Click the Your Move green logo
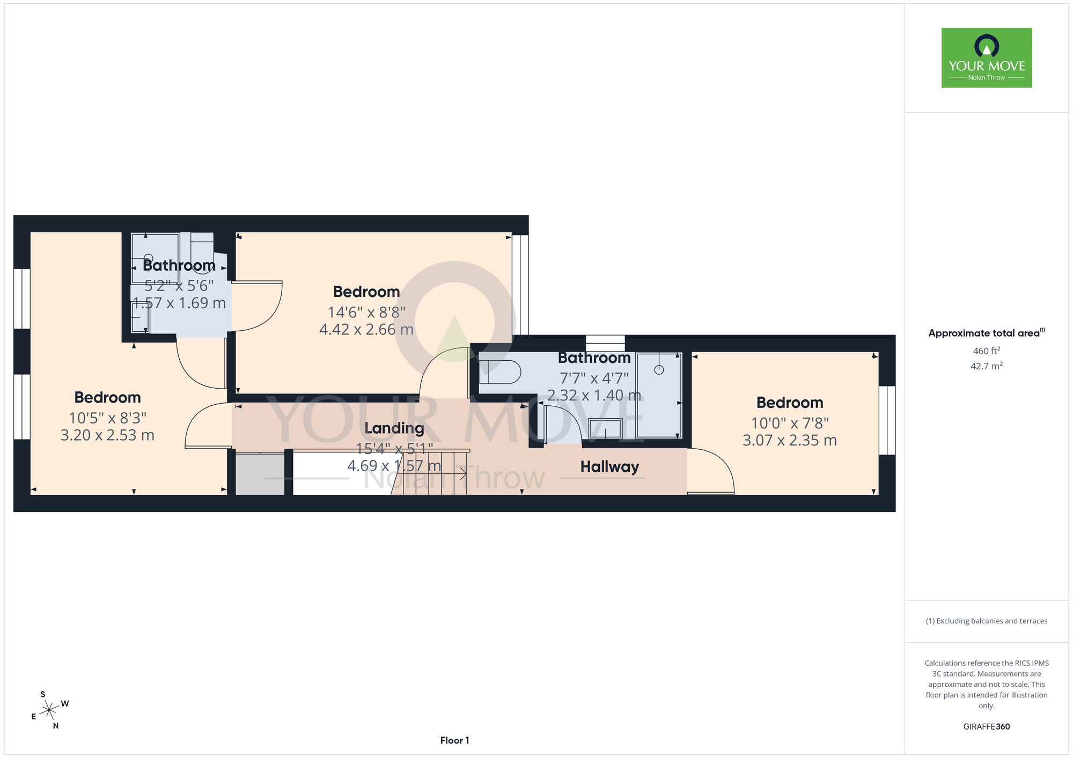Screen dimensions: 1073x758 coord(987,58)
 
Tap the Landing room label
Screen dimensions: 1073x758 coord(394,428)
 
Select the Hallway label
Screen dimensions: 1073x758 coord(609,467)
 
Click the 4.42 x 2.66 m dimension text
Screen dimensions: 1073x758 coord(366,330)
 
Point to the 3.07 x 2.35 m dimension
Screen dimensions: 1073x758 coord(790,441)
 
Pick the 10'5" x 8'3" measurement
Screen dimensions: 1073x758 coord(108,418)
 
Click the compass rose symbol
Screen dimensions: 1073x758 coord(49,710)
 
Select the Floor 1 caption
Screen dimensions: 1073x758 coord(454,740)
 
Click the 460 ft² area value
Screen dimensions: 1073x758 coord(987,351)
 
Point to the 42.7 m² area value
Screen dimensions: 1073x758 coord(987,366)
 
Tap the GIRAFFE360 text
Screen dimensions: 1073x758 coord(987,727)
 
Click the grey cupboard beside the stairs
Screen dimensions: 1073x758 coord(260,474)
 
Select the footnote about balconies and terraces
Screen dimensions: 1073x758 coord(987,621)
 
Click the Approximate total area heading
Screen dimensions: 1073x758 coord(987,333)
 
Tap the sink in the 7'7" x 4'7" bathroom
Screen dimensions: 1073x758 coord(606,429)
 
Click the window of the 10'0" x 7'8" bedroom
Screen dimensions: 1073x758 coord(887,420)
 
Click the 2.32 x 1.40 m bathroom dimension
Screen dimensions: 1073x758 coord(594,396)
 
